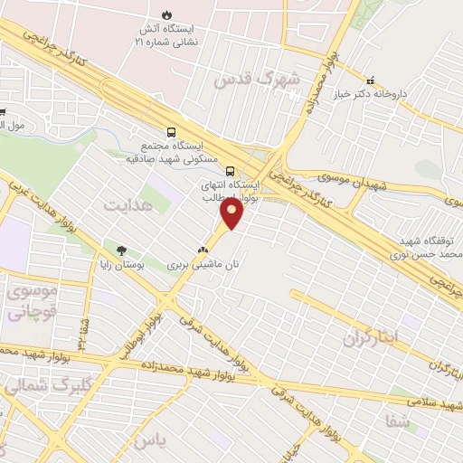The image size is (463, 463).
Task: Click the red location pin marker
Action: [x=231, y=213]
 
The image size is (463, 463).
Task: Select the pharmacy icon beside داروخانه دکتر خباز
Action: [x=370, y=80]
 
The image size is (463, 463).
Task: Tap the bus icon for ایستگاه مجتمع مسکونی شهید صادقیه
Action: [x=172, y=131]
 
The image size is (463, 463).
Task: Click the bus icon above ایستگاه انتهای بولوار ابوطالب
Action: [x=230, y=171]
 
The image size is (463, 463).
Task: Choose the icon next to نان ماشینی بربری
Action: [x=203, y=251]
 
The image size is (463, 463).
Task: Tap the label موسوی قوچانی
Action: [x=32, y=303]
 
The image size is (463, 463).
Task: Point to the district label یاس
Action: [x=156, y=440]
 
